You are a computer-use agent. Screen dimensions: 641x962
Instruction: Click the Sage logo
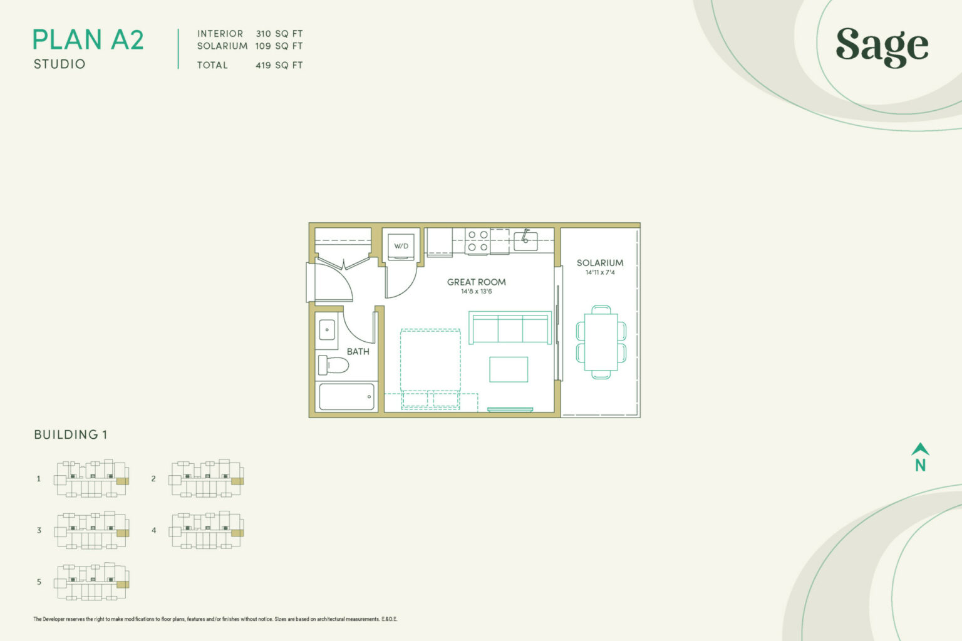pos(882,47)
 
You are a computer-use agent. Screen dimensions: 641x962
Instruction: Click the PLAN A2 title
pos(88,40)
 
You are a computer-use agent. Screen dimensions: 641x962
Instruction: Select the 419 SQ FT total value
pos(279,65)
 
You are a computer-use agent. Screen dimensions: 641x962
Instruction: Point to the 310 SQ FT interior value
pos(279,34)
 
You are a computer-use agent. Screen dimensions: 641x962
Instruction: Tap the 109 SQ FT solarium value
pos(279,46)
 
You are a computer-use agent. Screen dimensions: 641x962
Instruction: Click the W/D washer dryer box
pos(401,246)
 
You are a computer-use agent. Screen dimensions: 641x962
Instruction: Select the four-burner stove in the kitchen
pos(477,241)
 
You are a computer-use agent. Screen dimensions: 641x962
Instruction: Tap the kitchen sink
pos(525,240)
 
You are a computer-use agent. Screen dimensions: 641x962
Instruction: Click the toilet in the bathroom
pos(333,364)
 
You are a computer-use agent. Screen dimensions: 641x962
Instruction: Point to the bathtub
pos(346,397)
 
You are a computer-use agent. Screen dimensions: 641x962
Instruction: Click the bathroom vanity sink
pos(327,329)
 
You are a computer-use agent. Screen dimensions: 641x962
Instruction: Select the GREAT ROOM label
pos(476,282)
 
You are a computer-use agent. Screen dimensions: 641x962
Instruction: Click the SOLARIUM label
pos(600,263)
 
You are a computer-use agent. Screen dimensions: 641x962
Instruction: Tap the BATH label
pos(358,352)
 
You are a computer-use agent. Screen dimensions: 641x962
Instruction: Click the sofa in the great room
pos(510,328)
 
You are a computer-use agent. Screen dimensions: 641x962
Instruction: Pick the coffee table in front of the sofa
pos(509,369)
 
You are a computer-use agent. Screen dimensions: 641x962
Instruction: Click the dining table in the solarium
pos(601,342)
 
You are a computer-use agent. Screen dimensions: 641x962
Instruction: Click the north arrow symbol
pos(920,457)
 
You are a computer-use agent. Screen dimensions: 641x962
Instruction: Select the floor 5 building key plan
pos(92,582)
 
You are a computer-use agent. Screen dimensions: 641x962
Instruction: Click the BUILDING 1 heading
pos(71,434)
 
